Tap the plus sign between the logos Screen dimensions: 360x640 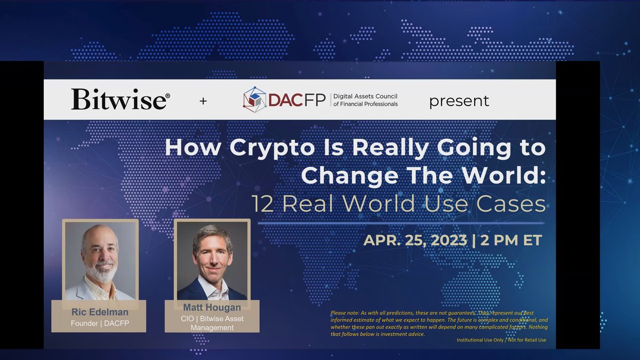click(203, 100)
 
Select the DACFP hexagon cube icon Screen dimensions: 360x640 click(254, 99)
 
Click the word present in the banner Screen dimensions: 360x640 click(459, 100)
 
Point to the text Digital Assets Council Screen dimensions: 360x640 click(365, 96)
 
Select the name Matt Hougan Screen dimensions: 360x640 click(212, 307)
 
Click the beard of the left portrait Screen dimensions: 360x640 click(101, 272)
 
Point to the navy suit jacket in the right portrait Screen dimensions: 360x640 click(192, 291)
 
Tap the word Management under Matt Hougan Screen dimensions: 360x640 click(212, 327)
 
